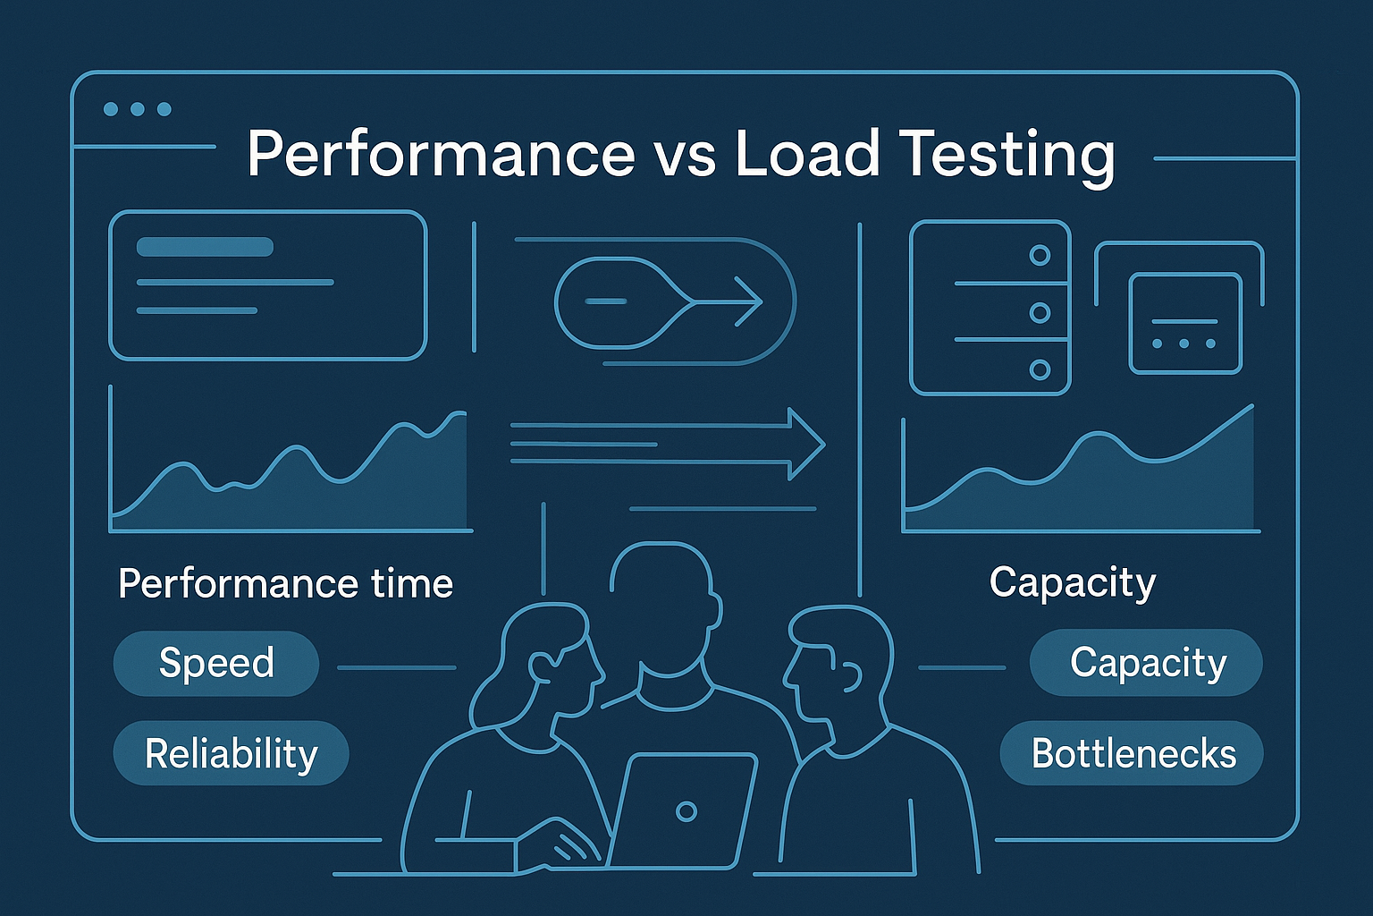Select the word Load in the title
coord(807,154)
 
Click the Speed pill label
coord(216,663)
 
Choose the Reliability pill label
coord(231,753)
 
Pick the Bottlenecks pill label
coord(1133,753)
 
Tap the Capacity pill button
coord(1147,663)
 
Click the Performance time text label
coord(285,583)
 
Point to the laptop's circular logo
coord(686,811)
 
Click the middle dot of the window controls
coord(138,109)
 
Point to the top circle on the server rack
coord(1040,255)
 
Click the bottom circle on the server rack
coord(1040,369)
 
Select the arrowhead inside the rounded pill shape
coord(748,301)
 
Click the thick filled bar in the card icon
coord(205,247)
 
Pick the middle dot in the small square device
coord(1184,343)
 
